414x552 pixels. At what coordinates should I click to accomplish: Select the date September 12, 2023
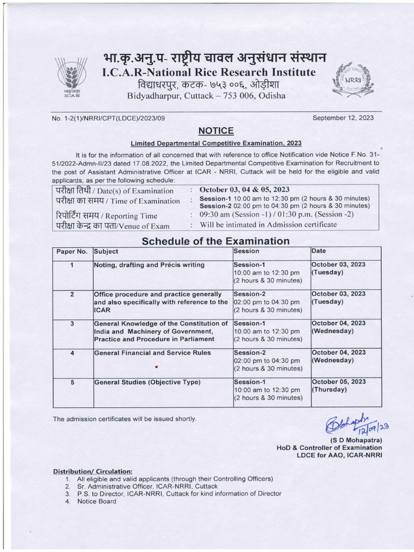point(343,118)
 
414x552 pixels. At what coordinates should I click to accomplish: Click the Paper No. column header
point(72,251)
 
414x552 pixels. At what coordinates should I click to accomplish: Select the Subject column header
point(106,251)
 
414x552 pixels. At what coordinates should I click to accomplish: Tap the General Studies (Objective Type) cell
point(147,382)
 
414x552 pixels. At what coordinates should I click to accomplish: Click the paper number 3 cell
point(72,324)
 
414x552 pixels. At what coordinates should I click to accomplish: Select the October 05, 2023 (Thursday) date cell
point(338,385)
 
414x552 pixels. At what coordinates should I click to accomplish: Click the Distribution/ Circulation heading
point(92,471)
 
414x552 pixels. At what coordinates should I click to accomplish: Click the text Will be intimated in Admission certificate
point(268,225)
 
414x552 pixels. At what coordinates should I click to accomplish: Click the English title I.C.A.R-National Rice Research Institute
point(206,73)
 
